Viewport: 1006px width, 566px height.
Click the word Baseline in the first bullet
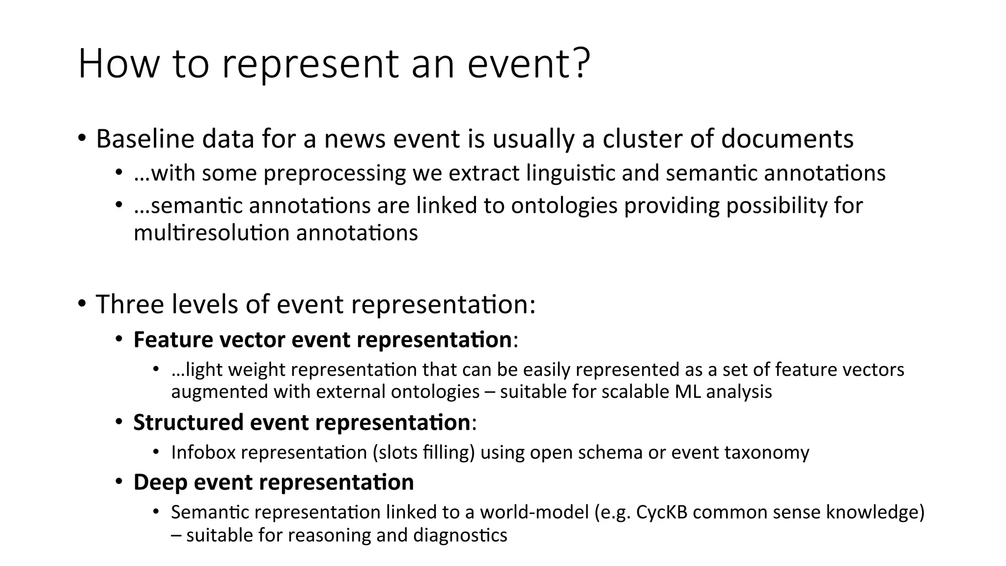coord(145,139)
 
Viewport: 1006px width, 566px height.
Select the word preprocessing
coord(335,173)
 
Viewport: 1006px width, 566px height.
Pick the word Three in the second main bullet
coord(130,304)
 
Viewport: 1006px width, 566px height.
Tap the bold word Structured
coord(188,423)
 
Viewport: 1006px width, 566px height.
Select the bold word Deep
coord(160,482)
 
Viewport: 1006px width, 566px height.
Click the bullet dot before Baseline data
coord(82,138)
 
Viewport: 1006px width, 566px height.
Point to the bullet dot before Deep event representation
coord(119,481)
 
